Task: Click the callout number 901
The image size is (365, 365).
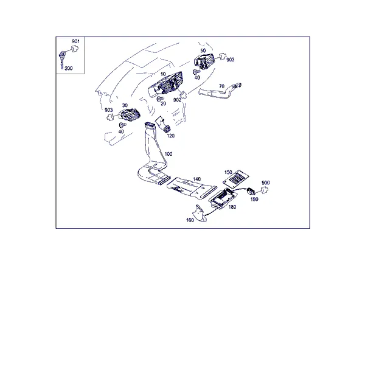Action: tap(75, 41)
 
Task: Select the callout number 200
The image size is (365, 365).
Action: tap(69, 68)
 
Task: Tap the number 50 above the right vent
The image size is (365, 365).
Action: tap(203, 50)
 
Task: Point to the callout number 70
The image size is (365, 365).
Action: tap(221, 86)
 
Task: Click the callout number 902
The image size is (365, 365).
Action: tap(177, 100)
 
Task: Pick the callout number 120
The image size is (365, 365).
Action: tap(170, 136)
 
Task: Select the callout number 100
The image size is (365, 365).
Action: tap(169, 154)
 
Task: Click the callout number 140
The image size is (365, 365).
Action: tap(196, 179)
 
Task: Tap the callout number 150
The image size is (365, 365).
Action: tap(228, 172)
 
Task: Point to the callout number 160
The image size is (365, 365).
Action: tap(190, 220)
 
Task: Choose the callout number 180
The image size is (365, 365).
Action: tap(232, 207)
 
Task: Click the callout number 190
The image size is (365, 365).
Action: tap(254, 200)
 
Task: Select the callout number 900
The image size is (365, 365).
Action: tap(266, 182)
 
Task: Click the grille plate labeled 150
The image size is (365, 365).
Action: tap(236, 178)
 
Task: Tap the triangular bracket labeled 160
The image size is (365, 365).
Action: tap(199, 214)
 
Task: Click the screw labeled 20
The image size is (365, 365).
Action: tap(160, 99)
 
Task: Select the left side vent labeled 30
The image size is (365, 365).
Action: tap(129, 115)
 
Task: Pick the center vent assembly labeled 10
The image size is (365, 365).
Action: tap(165, 85)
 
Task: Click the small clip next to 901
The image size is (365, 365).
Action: tap(75, 49)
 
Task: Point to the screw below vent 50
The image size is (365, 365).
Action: tap(196, 72)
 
